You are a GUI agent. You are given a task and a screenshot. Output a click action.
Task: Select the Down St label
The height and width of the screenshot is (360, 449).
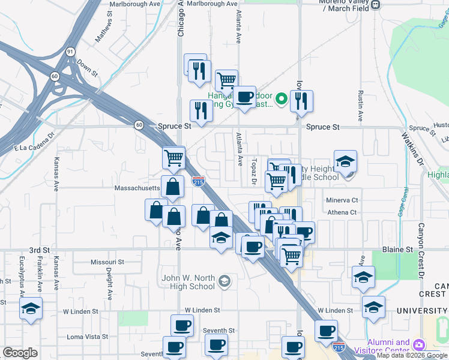[x=88, y=69]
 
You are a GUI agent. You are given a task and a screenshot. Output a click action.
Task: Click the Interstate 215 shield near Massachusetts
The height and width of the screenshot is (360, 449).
[x=198, y=181]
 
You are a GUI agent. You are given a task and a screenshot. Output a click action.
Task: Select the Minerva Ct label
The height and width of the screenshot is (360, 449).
[x=342, y=200]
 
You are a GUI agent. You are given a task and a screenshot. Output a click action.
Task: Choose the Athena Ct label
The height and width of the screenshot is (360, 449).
[x=342, y=212]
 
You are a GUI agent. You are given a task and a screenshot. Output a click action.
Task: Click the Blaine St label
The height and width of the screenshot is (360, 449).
[x=398, y=249]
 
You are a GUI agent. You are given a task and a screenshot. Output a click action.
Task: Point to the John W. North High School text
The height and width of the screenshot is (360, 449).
[x=188, y=282]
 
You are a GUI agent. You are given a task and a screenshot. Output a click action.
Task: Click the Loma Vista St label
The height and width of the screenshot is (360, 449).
[x=86, y=337]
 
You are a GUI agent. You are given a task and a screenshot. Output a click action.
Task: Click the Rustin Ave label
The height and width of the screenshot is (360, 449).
[x=360, y=107]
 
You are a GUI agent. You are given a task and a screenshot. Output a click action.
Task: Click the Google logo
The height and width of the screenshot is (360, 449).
[x=20, y=353]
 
